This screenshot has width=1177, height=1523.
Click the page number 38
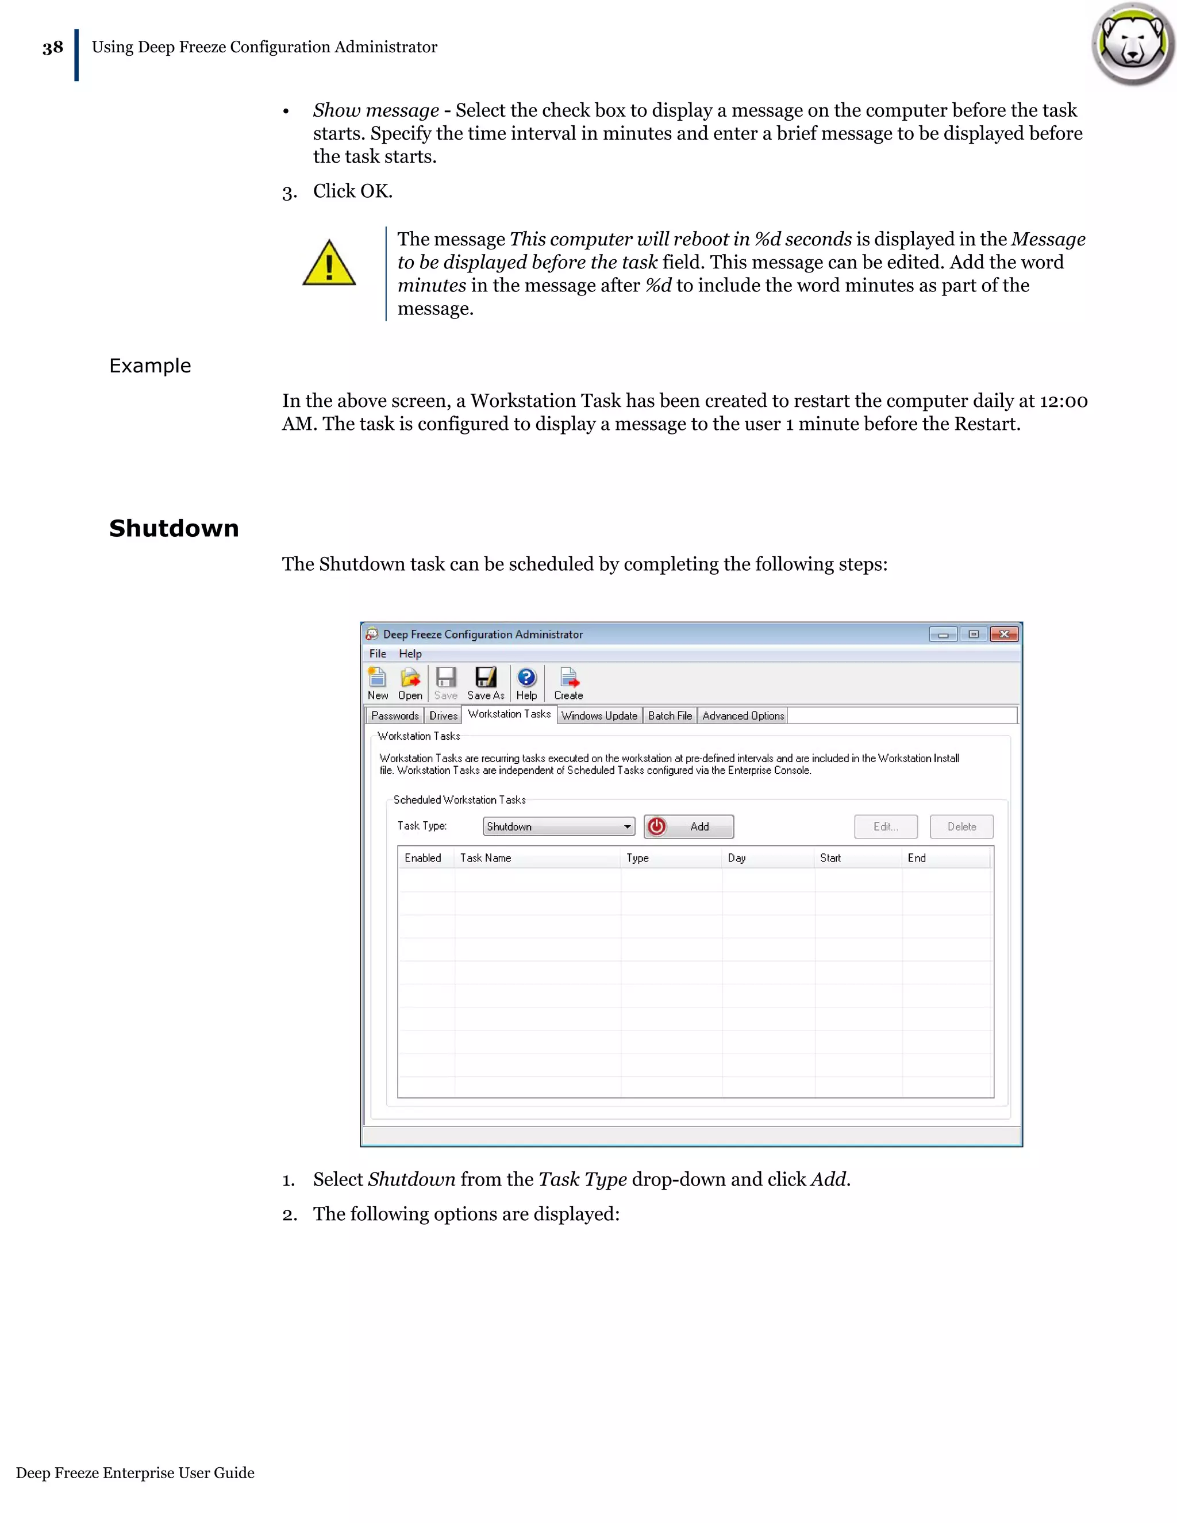(x=52, y=48)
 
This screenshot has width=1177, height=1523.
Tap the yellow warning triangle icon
(x=329, y=264)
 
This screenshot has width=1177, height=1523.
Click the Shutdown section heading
(x=174, y=528)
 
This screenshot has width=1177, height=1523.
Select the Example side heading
(x=150, y=366)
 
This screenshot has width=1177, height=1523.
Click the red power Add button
(x=688, y=826)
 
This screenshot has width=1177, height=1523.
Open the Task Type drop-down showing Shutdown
(x=559, y=826)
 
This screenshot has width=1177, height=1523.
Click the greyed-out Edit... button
(x=886, y=826)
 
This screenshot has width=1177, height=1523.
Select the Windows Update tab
(x=599, y=716)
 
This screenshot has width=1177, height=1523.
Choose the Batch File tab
(x=670, y=716)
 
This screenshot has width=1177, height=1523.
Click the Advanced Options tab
(x=743, y=716)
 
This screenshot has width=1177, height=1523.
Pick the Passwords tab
(x=395, y=716)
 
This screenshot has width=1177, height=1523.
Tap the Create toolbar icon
(x=569, y=683)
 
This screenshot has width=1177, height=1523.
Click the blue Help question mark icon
(x=526, y=678)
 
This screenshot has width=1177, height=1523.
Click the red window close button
(x=1004, y=634)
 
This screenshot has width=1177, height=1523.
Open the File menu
(x=377, y=653)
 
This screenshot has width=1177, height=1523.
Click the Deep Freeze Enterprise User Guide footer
(x=135, y=1472)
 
